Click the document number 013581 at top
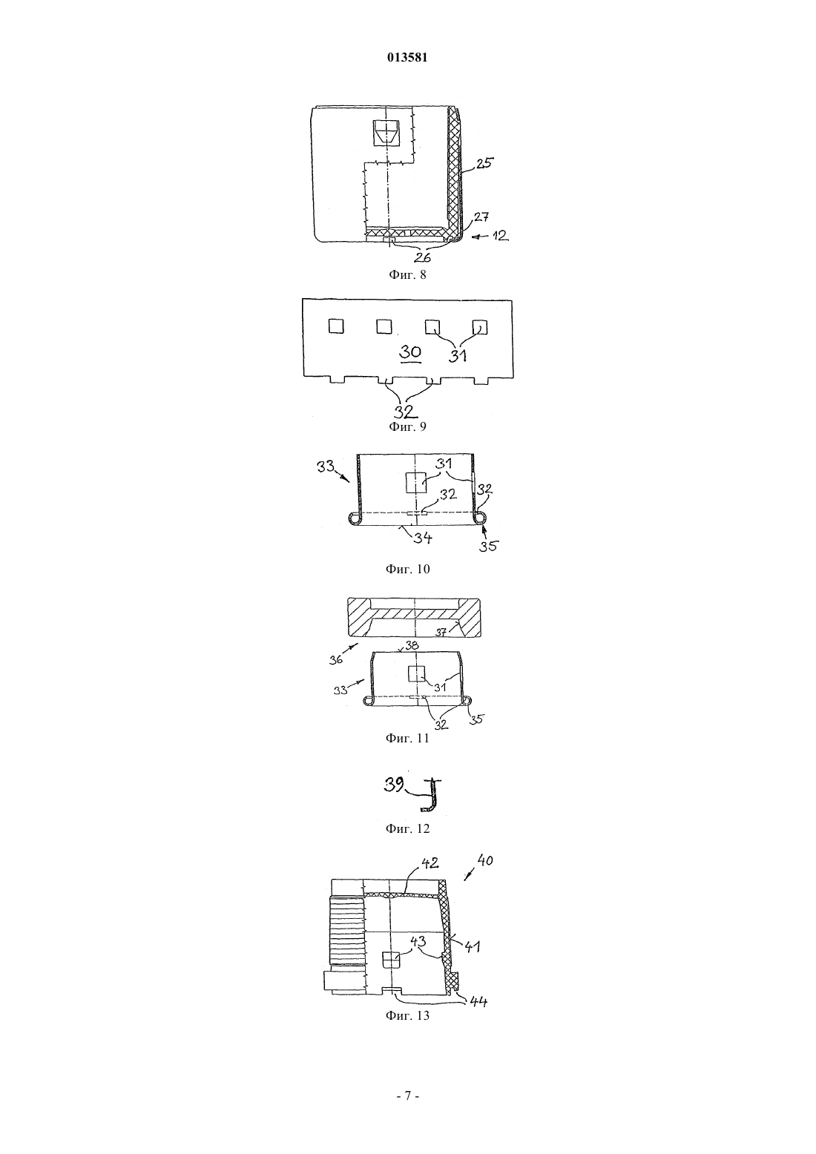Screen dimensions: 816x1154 (x=407, y=57)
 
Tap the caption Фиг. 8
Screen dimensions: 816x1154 (x=407, y=274)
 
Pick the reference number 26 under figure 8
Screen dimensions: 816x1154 (x=422, y=257)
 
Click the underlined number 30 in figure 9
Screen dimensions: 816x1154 (x=410, y=352)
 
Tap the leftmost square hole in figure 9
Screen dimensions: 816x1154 (x=336, y=326)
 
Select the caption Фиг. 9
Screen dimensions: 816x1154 (x=407, y=426)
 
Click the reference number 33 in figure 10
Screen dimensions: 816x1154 (x=325, y=467)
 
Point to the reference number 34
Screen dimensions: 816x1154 (x=423, y=538)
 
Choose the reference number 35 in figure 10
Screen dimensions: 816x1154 (x=487, y=546)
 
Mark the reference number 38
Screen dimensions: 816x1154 (x=412, y=645)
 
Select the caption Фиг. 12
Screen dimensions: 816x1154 (x=407, y=829)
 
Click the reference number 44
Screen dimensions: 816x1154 (x=478, y=1000)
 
